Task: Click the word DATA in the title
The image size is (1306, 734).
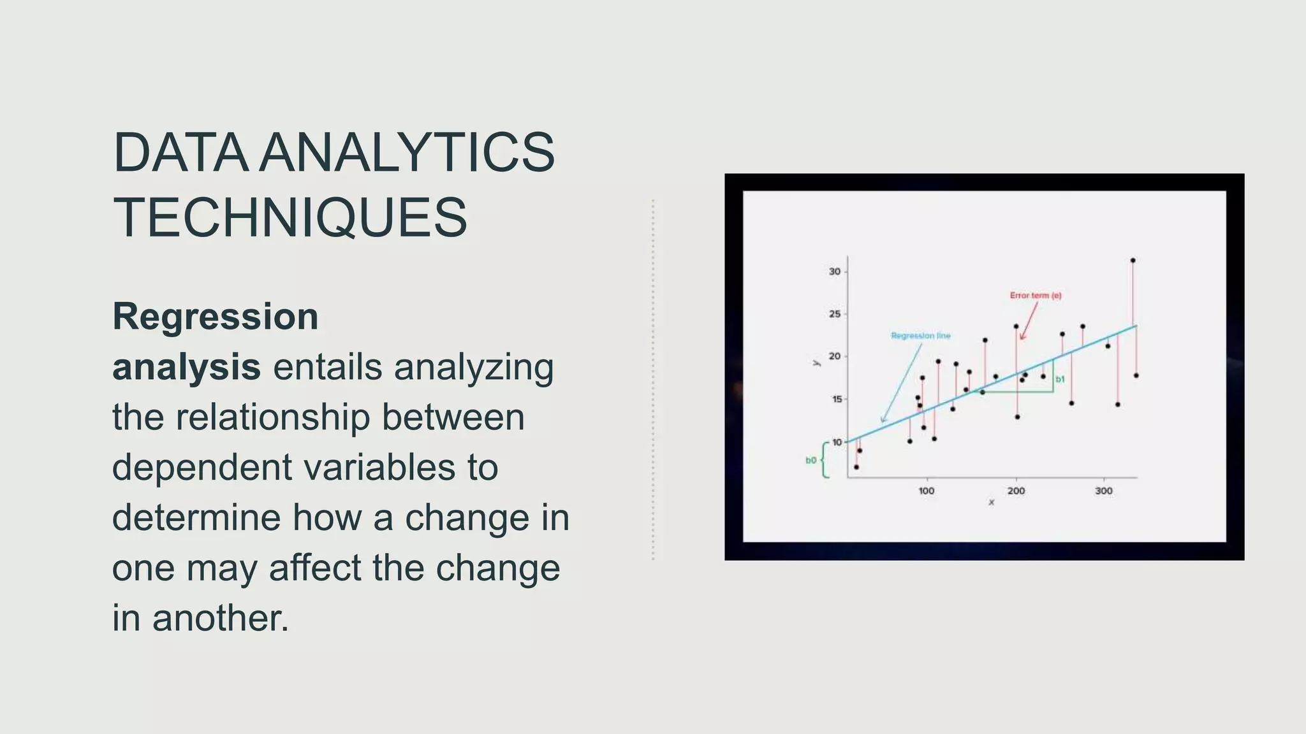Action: coord(180,153)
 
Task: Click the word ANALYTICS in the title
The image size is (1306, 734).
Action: coord(408,153)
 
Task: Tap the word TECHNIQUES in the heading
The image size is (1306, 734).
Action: coord(290,218)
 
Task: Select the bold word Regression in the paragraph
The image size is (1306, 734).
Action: coord(216,317)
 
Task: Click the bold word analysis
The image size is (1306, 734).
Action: coord(186,368)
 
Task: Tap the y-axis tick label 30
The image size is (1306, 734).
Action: coord(834,271)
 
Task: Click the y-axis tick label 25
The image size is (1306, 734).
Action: coord(834,314)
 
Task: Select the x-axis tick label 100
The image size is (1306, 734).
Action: coord(926,491)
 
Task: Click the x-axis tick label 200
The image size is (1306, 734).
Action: coord(1016,491)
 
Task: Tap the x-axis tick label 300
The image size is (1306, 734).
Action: coord(1104,491)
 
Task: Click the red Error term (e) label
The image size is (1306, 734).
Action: coord(1036,296)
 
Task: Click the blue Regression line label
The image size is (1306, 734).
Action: coord(920,336)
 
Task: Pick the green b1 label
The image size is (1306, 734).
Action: coord(1060,379)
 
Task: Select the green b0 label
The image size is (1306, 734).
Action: coord(811,460)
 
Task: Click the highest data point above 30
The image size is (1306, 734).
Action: coord(1133,261)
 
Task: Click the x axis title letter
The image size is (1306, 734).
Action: coord(991,503)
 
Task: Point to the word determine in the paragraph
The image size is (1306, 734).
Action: coord(196,517)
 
